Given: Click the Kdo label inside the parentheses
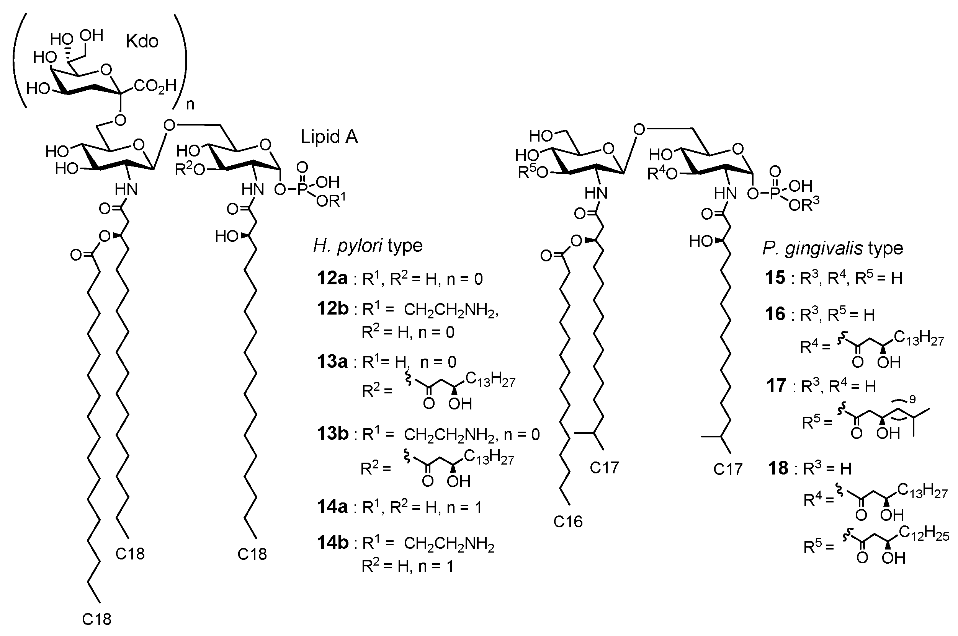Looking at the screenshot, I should click(142, 41).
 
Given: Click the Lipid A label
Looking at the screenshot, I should click(329, 137).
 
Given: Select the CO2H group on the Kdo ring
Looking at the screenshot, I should click(155, 86).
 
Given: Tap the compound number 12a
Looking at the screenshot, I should click(332, 279).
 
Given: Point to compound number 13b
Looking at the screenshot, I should click(332, 434).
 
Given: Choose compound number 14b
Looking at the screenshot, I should click(332, 543).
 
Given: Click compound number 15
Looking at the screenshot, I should click(775, 278).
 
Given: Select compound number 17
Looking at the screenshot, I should click(776, 386).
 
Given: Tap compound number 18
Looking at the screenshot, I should click(778, 468).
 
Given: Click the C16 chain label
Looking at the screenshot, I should click(568, 521).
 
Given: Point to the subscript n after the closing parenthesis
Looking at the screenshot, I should click(190, 104).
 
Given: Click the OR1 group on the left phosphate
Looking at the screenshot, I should click(330, 201).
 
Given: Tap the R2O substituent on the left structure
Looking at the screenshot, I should click(190, 170).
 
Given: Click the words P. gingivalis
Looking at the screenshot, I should click(813, 248).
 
